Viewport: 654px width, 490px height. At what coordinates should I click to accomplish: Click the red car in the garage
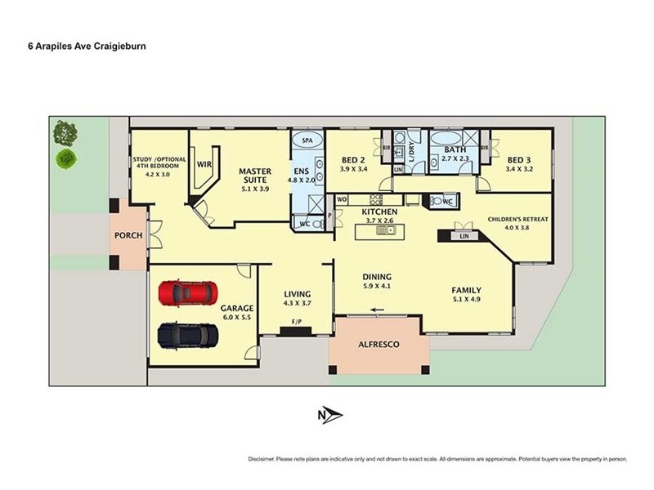click(x=188, y=292)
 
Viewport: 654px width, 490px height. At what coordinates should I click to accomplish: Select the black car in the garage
click(x=188, y=336)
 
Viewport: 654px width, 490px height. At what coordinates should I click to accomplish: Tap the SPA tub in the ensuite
click(x=307, y=140)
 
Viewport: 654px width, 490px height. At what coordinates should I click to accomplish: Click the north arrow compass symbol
click(x=330, y=416)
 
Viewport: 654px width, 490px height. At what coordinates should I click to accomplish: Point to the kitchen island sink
click(x=386, y=229)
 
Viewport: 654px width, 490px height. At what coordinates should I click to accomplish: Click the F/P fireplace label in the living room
click(x=297, y=322)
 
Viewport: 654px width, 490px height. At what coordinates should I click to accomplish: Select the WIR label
click(x=204, y=164)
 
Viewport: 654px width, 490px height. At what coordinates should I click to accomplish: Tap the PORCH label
click(x=128, y=235)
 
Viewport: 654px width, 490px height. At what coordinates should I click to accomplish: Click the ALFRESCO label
click(x=379, y=345)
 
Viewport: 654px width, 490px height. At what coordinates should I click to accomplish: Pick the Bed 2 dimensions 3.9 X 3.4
click(x=354, y=169)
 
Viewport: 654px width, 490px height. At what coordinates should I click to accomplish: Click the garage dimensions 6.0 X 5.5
click(x=237, y=317)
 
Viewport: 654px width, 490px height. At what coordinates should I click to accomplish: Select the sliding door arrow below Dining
click(x=378, y=310)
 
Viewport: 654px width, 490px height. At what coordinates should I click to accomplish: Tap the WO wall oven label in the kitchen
click(x=342, y=199)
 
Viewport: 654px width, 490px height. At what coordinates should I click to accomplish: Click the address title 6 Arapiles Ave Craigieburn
click(x=87, y=47)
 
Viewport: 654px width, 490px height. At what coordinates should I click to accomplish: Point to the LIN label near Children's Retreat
click(x=464, y=236)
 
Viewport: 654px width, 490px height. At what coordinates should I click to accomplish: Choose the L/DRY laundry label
click(x=411, y=152)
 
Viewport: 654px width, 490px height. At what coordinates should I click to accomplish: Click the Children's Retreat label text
click(x=518, y=219)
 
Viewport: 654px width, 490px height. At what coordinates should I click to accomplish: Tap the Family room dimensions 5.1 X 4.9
click(x=466, y=299)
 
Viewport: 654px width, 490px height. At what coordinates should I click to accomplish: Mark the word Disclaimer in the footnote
click(x=261, y=459)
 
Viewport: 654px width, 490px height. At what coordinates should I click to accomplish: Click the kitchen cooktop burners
click(x=375, y=199)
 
